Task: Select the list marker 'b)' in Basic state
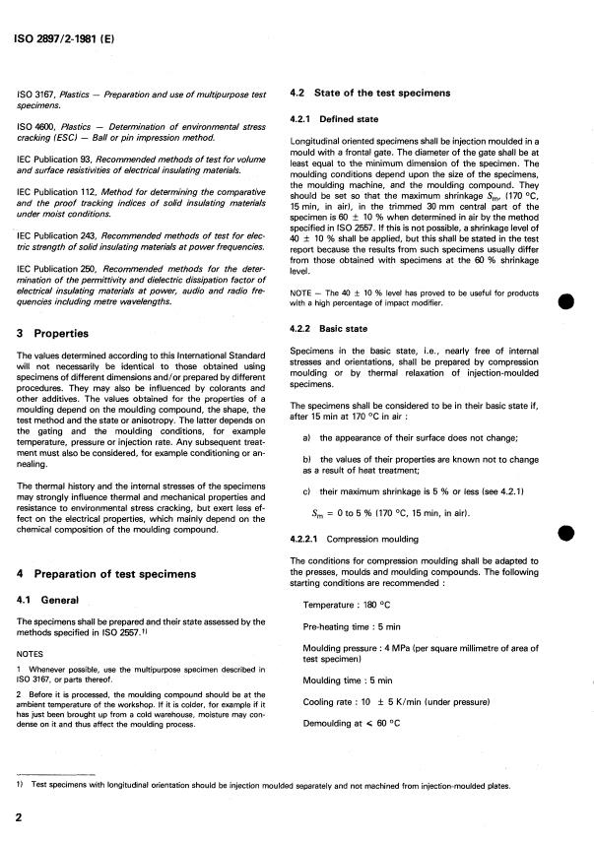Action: pyautogui.click(x=309, y=473)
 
